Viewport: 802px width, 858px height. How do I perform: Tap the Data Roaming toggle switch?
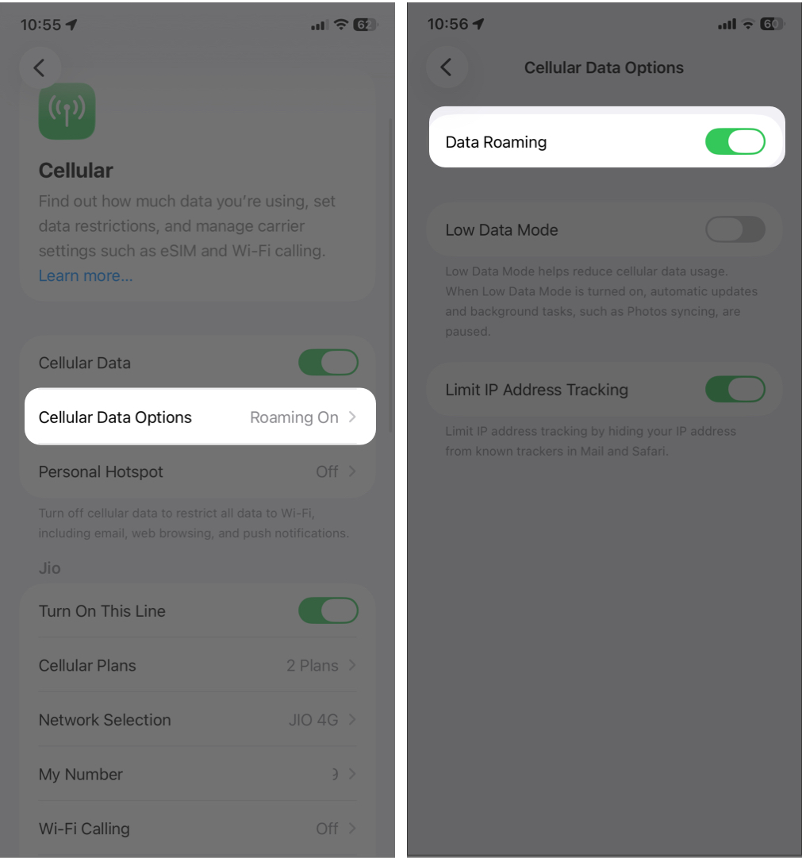point(735,142)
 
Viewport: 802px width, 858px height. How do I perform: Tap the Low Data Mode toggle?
point(735,230)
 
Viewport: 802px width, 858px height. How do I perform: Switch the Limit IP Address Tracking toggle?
point(735,390)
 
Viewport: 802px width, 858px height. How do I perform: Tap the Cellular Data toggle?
point(328,363)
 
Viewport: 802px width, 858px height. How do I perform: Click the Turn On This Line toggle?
point(328,611)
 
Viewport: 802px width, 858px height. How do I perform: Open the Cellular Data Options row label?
point(115,417)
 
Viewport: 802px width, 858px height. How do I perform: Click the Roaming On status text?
point(294,417)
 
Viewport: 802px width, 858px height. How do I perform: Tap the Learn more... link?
point(86,276)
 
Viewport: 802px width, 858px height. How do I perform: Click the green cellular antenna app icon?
point(67,111)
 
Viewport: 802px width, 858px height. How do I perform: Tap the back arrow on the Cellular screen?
point(40,67)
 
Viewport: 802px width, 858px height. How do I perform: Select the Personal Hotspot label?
point(101,471)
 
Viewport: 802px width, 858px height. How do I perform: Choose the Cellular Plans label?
point(87,666)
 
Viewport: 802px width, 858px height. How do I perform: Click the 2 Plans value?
point(312,666)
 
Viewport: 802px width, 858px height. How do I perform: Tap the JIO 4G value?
point(313,720)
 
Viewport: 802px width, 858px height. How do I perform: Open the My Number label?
point(81,775)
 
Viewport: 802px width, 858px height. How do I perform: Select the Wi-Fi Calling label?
point(84,829)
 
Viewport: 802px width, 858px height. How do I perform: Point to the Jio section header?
point(49,568)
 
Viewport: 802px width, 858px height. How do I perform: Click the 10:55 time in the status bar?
point(40,25)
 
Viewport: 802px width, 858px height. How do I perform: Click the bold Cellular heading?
point(76,171)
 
